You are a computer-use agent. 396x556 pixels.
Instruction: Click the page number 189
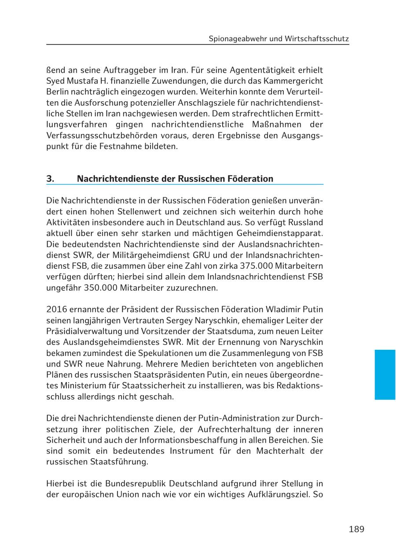[x=356, y=529]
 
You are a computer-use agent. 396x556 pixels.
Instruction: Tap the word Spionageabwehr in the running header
[x=238, y=39]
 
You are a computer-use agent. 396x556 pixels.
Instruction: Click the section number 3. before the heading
[x=50, y=178]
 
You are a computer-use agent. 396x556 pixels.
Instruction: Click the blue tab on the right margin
[x=385, y=374]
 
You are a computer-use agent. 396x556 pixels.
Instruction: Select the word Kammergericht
[x=294, y=81]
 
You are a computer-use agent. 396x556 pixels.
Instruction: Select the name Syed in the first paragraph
[x=55, y=81]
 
